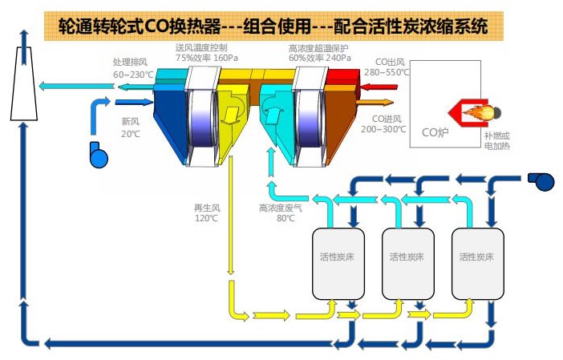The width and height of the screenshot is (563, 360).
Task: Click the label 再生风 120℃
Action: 206,212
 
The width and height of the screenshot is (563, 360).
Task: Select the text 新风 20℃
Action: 130,127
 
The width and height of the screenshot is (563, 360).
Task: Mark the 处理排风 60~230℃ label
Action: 132,67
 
